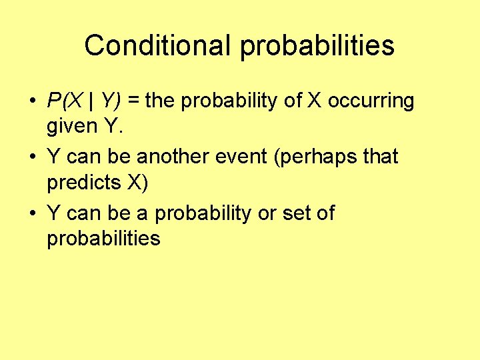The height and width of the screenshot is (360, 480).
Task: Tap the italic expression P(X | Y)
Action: pyautogui.click(x=84, y=101)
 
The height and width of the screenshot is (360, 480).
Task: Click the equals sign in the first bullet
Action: pyautogui.click(x=133, y=101)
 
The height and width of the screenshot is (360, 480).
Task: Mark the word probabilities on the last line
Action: pyautogui.click(x=103, y=239)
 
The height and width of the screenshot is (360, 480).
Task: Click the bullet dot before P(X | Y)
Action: pyautogui.click(x=32, y=102)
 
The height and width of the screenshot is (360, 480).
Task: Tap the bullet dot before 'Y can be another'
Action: pyautogui.click(x=32, y=158)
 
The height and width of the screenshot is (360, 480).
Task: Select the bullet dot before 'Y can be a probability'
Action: pyautogui.click(x=32, y=214)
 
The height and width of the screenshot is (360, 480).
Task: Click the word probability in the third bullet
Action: pyautogui.click(x=207, y=214)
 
